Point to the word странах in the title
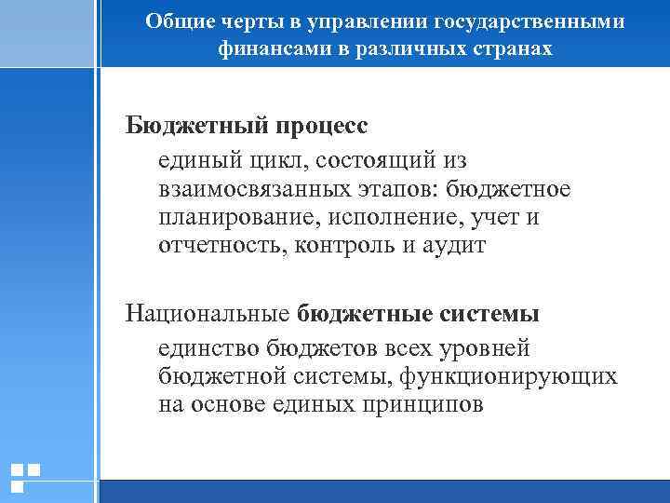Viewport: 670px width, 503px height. [516, 48]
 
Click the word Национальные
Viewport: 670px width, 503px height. [208, 314]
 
